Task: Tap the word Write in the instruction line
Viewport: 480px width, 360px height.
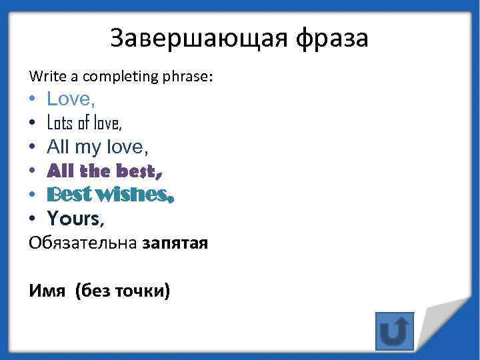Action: coord(44,77)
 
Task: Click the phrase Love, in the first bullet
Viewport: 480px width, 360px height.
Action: coord(71,99)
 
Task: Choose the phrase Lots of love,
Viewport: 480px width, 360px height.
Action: coord(85,123)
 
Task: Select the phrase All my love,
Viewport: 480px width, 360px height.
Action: coord(97,147)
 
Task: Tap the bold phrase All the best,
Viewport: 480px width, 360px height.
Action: coord(105,171)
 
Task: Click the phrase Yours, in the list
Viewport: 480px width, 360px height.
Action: coord(76,218)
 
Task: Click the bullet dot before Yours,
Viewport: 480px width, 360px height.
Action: coord(33,219)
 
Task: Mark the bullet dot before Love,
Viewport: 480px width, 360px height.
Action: coord(33,100)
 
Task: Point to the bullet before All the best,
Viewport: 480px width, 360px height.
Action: coord(33,171)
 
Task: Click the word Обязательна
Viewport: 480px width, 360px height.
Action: coord(83,243)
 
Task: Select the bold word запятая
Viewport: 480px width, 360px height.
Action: coord(175,243)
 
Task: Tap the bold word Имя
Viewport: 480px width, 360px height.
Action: coord(46,291)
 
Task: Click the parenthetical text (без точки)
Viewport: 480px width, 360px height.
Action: coord(123,291)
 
